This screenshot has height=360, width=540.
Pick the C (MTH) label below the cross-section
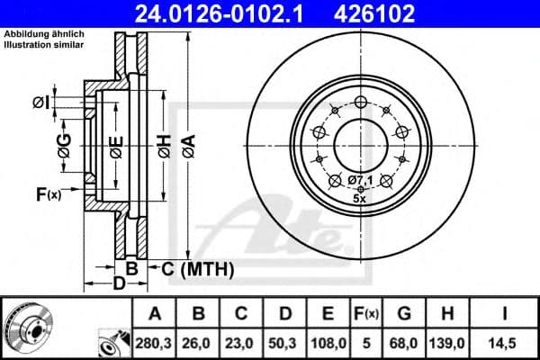point(197,268)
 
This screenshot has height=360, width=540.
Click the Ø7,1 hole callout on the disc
point(360,181)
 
